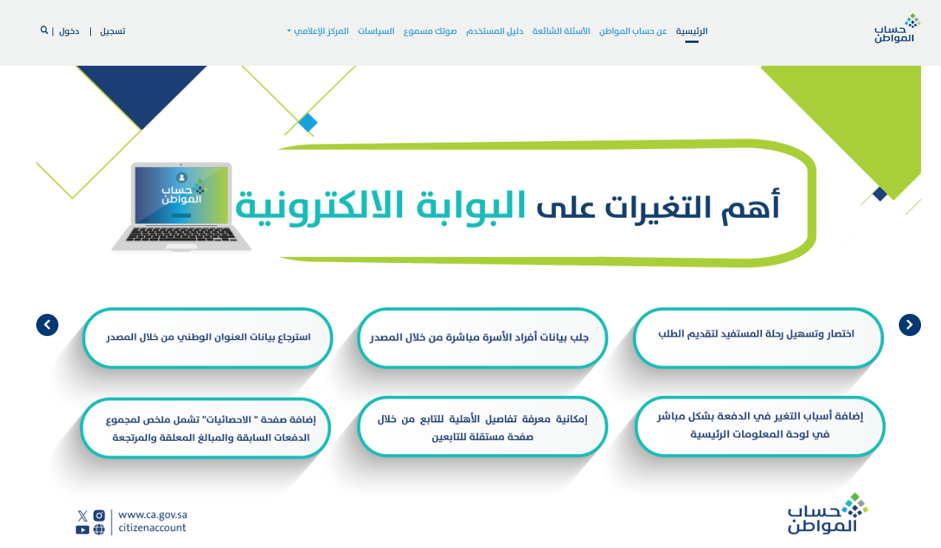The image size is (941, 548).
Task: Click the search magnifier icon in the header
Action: coord(44,30)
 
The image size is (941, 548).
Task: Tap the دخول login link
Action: coord(69,32)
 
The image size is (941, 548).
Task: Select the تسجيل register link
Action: coord(112,32)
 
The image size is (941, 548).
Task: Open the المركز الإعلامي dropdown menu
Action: coord(318,31)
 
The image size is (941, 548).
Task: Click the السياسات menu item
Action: coord(376,31)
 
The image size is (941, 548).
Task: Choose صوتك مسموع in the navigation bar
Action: coord(430,32)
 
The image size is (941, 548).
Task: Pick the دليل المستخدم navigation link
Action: coord(495,31)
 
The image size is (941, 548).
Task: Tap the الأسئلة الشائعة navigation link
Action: coord(561,31)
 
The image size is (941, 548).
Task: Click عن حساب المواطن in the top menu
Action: coord(633,31)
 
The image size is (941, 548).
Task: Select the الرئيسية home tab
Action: coord(691,31)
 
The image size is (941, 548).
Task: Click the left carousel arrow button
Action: coord(47,325)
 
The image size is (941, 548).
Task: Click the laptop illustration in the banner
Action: coord(181,207)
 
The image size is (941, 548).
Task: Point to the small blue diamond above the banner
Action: coord(308,123)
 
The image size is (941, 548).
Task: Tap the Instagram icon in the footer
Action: coord(99,516)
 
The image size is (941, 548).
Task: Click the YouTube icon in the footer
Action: coord(82,530)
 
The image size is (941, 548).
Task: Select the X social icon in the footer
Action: coord(82,516)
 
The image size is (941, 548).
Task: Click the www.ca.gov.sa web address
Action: coord(153,515)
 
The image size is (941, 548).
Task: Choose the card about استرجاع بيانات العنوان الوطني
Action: coord(208,338)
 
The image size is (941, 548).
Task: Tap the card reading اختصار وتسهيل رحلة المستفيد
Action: coord(758,338)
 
